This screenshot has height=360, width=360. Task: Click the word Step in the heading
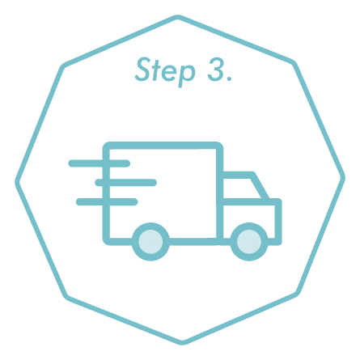point(165,72)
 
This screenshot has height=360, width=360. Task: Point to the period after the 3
point(229,78)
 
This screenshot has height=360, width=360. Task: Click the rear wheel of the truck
point(150,242)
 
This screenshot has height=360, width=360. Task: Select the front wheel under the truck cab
point(249,242)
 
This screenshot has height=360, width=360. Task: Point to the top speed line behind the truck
point(100,163)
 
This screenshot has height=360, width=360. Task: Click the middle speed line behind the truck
point(126,183)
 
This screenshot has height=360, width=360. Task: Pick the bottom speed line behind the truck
point(107,201)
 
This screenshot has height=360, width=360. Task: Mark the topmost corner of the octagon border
point(178,18)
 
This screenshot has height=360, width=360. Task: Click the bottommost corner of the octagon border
point(183,342)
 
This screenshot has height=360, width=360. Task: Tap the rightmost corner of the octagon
point(343,177)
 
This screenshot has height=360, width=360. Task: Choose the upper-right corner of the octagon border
point(294,64)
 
